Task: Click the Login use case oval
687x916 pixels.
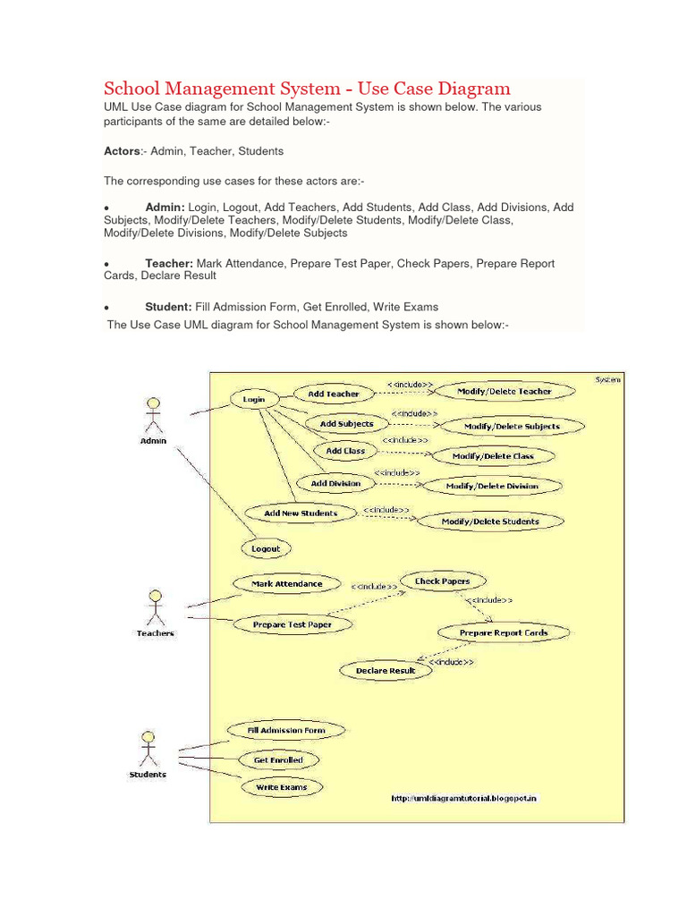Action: coord(254,400)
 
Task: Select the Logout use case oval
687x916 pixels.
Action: coord(266,548)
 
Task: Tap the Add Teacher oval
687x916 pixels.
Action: coord(333,394)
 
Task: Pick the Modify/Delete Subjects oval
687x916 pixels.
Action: coord(505,427)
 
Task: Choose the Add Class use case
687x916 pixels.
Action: coord(345,451)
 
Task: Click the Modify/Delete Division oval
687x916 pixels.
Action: coord(493,487)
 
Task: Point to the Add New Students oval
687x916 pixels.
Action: coord(301,513)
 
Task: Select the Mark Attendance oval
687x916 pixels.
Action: coord(286,584)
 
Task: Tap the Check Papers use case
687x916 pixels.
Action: coord(442,581)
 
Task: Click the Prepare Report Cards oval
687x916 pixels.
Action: coord(504,632)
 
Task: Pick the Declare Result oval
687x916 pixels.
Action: coord(386,670)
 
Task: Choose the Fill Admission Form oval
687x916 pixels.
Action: coord(286,731)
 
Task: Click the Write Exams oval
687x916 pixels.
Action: coord(281,787)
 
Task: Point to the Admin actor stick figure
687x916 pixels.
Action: coord(153,417)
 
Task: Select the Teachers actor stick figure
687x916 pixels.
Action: coord(155,608)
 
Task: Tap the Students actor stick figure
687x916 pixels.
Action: coord(148,748)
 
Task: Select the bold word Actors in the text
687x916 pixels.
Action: coord(123,151)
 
